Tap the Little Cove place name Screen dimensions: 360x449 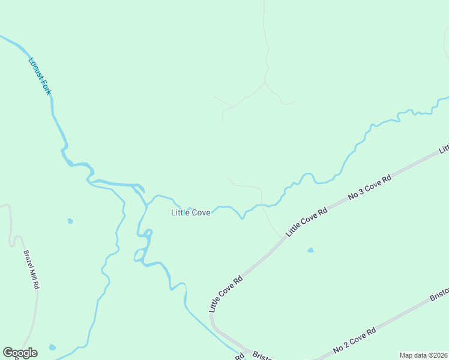[191, 213]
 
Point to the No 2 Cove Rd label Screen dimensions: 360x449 [354, 340]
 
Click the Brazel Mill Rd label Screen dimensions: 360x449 [31, 269]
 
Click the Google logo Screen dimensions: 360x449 [20, 353]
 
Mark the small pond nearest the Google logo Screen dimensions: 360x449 [52, 347]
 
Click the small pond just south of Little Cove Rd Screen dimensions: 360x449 [310, 250]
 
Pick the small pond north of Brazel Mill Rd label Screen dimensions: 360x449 [70, 221]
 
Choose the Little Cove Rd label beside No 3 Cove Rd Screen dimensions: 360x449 [307, 221]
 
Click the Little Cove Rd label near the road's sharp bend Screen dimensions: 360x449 [226, 293]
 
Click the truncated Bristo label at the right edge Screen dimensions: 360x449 [439, 298]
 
